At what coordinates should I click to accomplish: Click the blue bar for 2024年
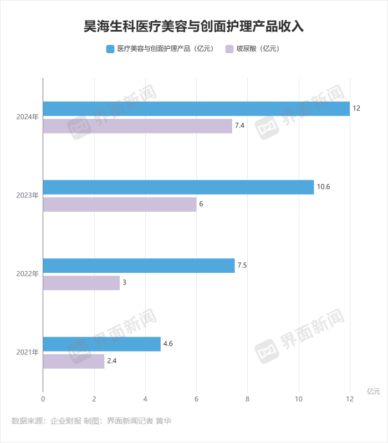click(x=196, y=109)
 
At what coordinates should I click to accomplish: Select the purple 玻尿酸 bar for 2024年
click(x=137, y=126)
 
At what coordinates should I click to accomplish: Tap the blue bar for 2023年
click(x=178, y=187)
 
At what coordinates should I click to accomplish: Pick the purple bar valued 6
click(x=120, y=204)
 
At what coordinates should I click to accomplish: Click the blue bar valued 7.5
click(x=139, y=266)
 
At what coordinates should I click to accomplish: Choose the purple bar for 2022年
click(x=81, y=283)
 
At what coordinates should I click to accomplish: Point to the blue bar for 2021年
click(x=101, y=344)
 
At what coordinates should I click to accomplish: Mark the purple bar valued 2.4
click(x=74, y=361)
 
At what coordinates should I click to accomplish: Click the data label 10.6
click(x=323, y=187)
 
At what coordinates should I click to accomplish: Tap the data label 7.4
click(x=239, y=126)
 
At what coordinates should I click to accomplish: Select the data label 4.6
click(x=169, y=344)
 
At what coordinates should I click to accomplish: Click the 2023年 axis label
click(x=27, y=195)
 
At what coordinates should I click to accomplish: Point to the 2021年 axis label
click(x=27, y=352)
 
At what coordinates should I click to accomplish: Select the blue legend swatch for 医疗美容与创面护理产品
click(x=110, y=49)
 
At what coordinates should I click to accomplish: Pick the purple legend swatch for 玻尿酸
click(x=229, y=49)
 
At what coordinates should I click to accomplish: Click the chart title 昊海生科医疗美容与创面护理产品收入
click(x=193, y=26)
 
